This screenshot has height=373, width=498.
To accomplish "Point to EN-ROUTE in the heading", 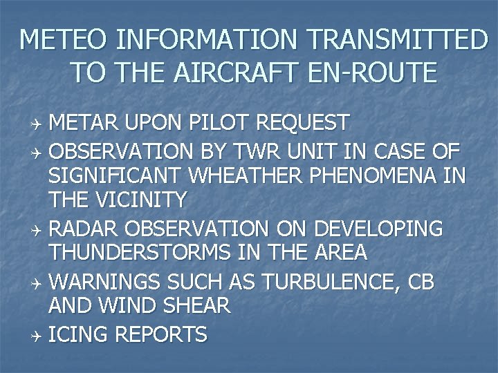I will click(x=379, y=72).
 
